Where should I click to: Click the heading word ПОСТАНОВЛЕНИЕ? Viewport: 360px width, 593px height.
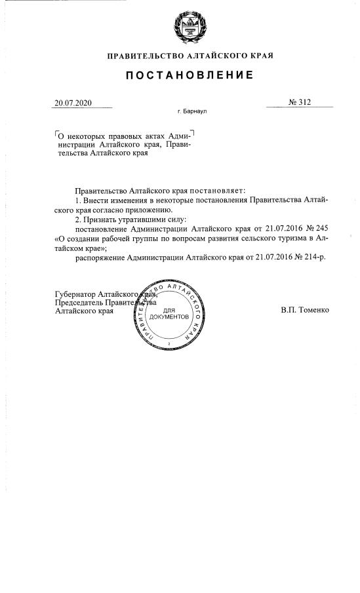(190, 76)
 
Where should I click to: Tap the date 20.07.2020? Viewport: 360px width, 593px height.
(73, 103)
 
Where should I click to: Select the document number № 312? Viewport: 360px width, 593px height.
(300, 102)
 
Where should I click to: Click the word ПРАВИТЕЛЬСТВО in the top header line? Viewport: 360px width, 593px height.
(142, 55)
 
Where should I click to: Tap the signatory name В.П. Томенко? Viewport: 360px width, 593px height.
(305, 309)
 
